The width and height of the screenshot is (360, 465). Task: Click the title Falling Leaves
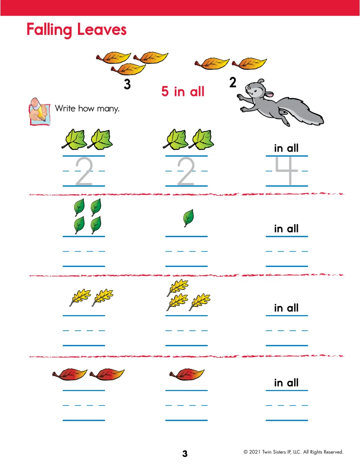(x=76, y=30)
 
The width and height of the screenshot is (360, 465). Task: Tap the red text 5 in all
(x=183, y=91)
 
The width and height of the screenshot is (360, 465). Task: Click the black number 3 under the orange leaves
(x=127, y=84)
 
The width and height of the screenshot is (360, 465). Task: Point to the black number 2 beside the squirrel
(x=233, y=82)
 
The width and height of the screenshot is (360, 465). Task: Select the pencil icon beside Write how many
(x=39, y=111)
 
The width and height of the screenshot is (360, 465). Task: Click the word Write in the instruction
(x=65, y=108)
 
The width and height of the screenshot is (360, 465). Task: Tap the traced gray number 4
(x=286, y=171)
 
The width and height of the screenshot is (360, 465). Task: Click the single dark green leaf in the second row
(x=189, y=218)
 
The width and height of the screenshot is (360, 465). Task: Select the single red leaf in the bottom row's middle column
(x=187, y=374)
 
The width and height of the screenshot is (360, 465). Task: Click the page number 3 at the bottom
(x=185, y=454)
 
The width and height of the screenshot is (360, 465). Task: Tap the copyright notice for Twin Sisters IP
(x=294, y=452)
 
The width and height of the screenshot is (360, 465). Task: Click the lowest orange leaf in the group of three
(x=128, y=69)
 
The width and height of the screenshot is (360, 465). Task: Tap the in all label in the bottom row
(x=286, y=382)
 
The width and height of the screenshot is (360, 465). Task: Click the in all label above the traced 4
(x=286, y=148)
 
